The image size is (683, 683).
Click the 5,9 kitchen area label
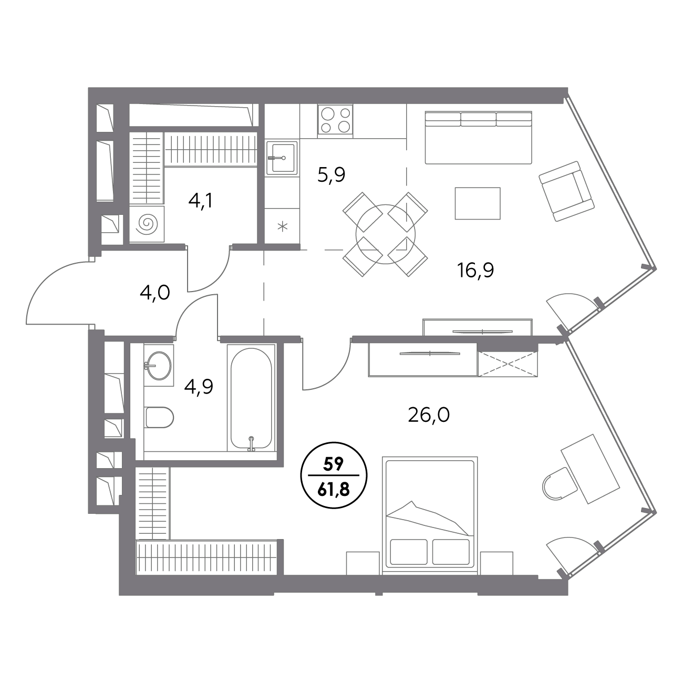click(x=331, y=175)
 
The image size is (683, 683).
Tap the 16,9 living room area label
click(x=475, y=270)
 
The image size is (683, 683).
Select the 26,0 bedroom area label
click(x=429, y=415)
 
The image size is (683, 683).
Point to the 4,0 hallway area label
click(x=154, y=293)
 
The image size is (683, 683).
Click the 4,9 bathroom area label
click(x=199, y=387)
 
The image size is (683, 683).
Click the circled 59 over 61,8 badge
click(x=334, y=475)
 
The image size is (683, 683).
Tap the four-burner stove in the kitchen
click(x=335, y=120)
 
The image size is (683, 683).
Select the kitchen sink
click(x=282, y=158)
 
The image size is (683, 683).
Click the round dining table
click(x=385, y=234)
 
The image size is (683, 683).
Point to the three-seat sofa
click(x=479, y=138)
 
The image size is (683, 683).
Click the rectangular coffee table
click(x=478, y=203)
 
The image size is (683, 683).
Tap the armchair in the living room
click(x=566, y=191)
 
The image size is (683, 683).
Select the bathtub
click(x=251, y=398)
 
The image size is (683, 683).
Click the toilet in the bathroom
click(x=159, y=417)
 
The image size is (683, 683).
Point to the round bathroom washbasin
click(x=159, y=365)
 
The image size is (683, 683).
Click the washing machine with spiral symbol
click(x=147, y=224)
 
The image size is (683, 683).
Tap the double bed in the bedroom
click(x=430, y=516)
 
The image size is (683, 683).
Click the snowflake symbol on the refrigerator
click(x=283, y=227)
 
